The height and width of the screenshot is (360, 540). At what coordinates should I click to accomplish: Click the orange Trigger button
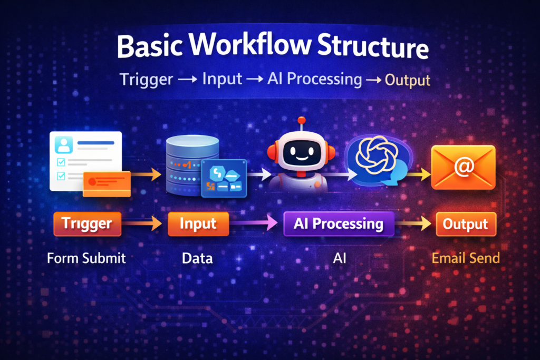pos(87,223)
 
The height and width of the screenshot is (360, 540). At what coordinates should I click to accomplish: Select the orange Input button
pos(198,223)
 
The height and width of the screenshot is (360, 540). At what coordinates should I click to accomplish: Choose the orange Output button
pos(466,224)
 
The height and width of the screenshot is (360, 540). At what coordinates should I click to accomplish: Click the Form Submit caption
pos(86,258)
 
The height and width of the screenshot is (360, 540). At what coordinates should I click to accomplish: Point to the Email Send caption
pos(466,258)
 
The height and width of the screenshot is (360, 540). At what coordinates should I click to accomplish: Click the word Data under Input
pos(197,258)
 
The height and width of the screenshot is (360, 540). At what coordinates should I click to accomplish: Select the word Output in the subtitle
pos(408,81)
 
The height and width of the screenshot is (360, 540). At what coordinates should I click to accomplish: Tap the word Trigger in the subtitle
pos(146,80)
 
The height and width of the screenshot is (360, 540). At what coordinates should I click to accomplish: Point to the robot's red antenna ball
pos(302,121)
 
